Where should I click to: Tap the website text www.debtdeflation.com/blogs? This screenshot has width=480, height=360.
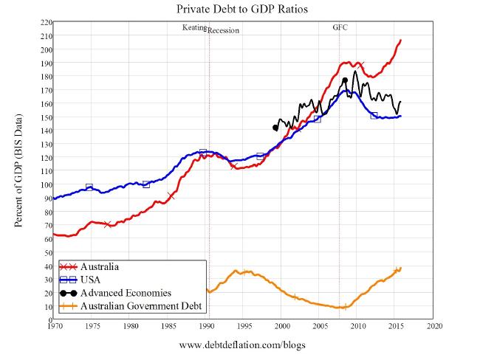tap(242, 345)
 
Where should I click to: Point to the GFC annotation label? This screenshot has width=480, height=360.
tap(340, 27)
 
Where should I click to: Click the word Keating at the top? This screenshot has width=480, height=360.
tap(194, 27)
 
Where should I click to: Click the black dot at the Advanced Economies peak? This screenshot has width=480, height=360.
tap(345, 80)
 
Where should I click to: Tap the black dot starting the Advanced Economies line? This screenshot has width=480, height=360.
tap(275, 128)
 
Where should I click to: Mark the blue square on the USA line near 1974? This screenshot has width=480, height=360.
tap(89, 187)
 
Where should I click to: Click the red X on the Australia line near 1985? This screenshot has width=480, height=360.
tap(171, 195)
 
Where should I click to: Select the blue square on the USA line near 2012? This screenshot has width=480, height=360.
tap(374, 115)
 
